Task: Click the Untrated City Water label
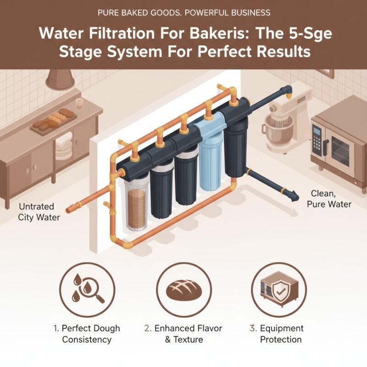pyautogui.click(x=39, y=212)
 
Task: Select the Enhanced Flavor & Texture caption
pyautogui.click(x=183, y=334)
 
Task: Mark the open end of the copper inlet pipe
pyautogui.click(x=68, y=211)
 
